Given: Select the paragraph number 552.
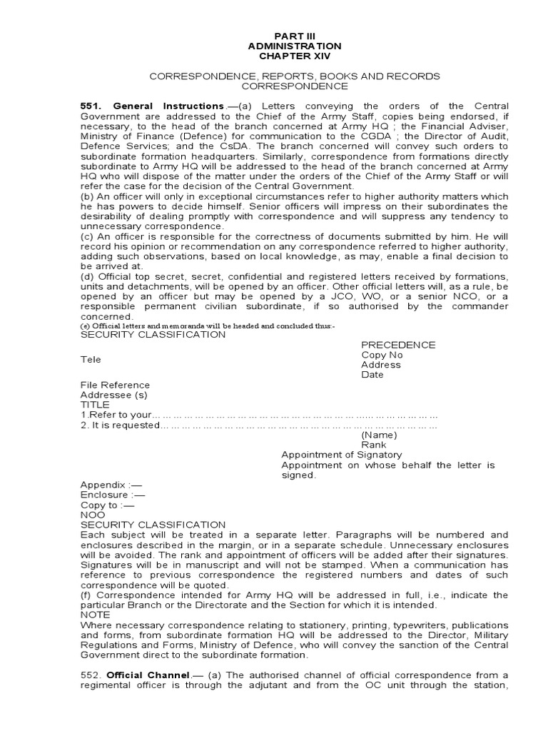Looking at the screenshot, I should (90, 675).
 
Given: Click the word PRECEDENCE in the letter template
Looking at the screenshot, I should (398, 345).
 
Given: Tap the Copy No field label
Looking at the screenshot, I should (382, 355).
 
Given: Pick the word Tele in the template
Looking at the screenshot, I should (91, 360).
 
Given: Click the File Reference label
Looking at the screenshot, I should (115, 385).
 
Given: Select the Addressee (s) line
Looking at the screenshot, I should (113, 395).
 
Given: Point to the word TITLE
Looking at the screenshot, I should (95, 405).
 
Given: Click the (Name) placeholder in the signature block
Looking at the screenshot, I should (379, 435).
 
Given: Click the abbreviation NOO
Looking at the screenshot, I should (92, 515).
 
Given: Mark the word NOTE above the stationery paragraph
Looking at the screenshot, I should (95, 615).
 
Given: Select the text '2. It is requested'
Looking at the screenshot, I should (120, 425).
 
